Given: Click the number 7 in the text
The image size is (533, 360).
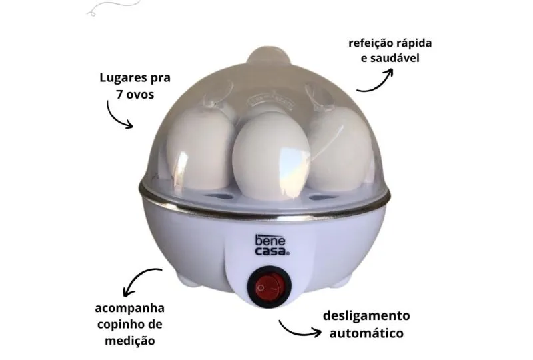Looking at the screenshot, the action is pos(119,94).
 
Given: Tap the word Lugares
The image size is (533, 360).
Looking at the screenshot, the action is pos(120,78).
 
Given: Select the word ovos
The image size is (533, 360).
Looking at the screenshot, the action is pos(140,95).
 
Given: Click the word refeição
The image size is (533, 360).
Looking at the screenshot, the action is pos(370,44).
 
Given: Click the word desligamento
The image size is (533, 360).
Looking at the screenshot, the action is pos(366,316).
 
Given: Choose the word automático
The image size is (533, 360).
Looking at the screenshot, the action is pos(366,333).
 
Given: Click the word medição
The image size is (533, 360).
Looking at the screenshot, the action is pos(129,341).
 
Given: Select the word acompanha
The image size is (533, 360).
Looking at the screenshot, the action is pos(129,308).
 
